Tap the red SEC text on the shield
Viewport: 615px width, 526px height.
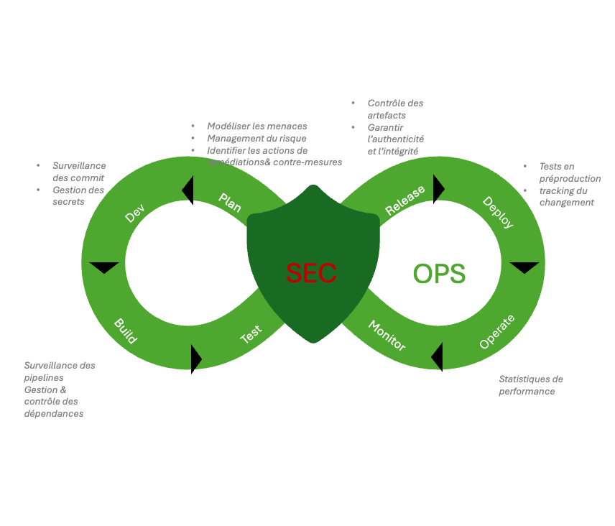311,274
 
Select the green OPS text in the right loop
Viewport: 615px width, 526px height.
439,274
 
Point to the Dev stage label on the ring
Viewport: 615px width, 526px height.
134,213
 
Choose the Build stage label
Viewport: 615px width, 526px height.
125,331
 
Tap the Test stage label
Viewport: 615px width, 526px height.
251,334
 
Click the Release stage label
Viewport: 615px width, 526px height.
405,200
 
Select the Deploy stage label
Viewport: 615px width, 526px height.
498,212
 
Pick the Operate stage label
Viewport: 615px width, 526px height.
497,331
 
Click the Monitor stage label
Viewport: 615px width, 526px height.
387,336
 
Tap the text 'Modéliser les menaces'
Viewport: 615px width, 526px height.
256,126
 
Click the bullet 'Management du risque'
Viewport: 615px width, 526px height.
256,138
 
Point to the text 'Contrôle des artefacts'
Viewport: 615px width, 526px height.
394,109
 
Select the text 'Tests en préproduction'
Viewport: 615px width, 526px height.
569,172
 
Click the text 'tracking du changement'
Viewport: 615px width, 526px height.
566,196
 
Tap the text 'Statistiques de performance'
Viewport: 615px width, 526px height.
530,385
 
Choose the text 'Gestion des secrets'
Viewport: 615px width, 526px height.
78,195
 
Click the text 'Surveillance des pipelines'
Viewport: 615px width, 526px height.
59,371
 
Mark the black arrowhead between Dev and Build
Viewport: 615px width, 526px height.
104,268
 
